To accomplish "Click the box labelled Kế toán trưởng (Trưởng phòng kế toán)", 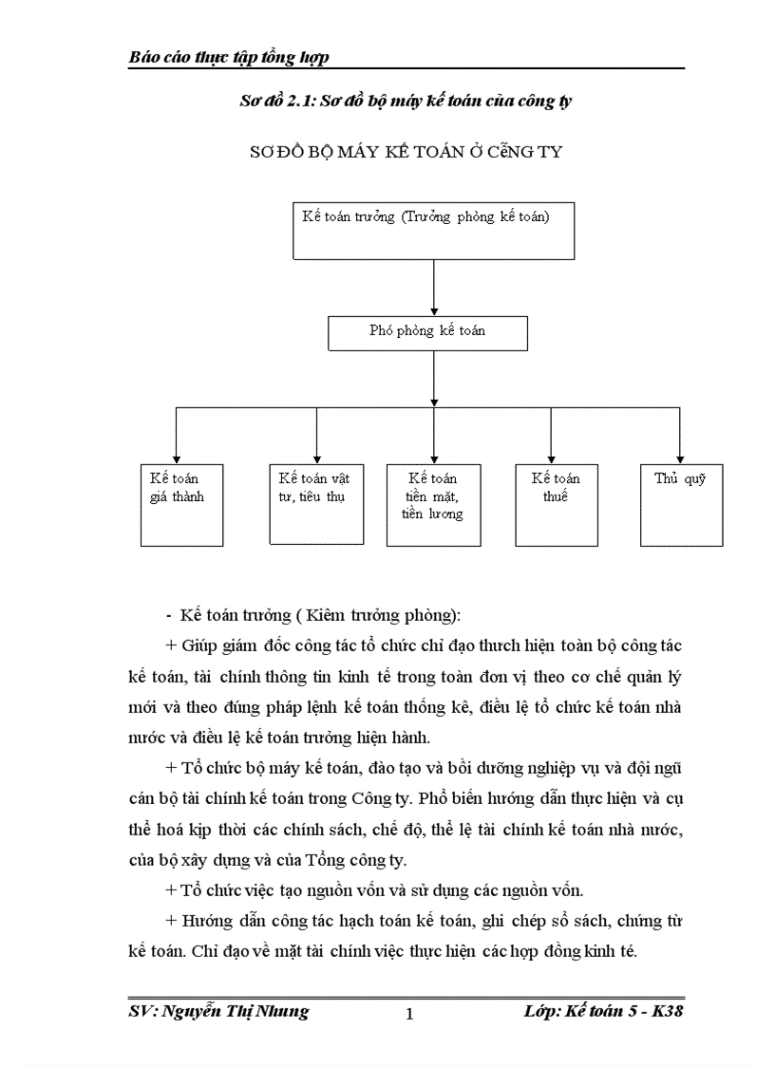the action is pos(433,230).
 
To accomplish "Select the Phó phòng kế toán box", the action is pos(427,333).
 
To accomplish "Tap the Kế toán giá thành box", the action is pos(181,504).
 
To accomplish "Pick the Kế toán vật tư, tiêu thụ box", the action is pos(316,504).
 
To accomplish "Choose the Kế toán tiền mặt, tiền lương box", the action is pos(433,504).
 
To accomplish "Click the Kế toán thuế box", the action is pos(557,504).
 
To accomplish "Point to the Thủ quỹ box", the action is pos(680,504).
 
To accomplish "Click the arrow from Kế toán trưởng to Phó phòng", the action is pos(434,288).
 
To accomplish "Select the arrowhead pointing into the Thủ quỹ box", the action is pos(681,457).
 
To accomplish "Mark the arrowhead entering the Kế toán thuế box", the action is pos(552,457).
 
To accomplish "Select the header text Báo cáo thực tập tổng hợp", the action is pos(229,58).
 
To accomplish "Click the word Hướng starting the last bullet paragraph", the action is pos(203,921).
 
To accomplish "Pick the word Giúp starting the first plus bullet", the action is pos(199,645).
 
